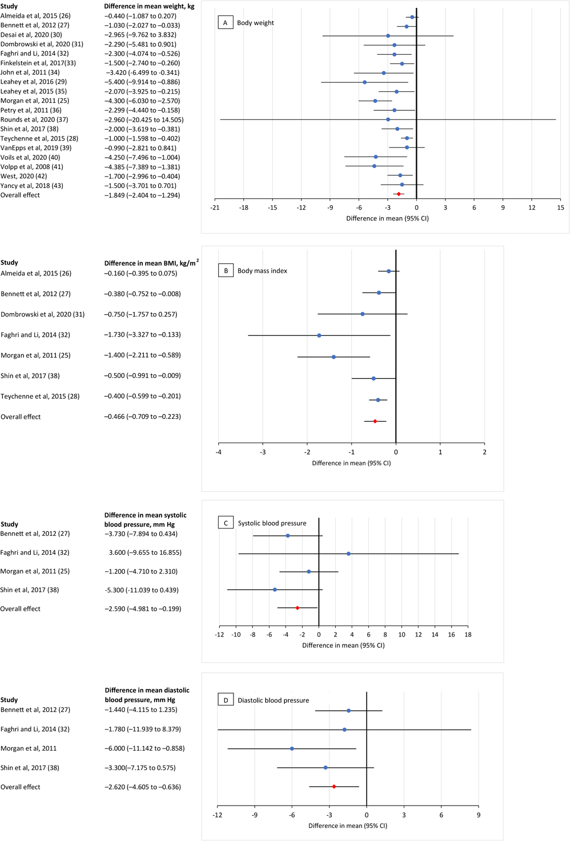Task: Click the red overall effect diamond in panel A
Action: click(399, 194)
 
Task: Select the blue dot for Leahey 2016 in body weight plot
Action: click(365, 82)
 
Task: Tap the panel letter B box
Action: click(226, 271)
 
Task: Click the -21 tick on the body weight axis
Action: click(215, 208)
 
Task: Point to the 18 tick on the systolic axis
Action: click(468, 635)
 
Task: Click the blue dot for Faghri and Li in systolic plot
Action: click(348, 554)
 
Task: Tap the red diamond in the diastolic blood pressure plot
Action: click(334, 787)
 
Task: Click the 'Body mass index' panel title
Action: click(262, 271)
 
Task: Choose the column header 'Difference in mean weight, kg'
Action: click(149, 6)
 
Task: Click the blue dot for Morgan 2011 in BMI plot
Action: click(333, 357)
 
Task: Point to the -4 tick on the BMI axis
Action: click(219, 452)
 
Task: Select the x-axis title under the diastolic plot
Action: click(348, 826)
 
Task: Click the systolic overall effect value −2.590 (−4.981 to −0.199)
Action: click(143, 608)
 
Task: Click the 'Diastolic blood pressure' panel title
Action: click(273, 700)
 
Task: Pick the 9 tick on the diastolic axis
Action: click(478, 815)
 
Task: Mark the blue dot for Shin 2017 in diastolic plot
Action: click(325, 767)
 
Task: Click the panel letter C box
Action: click(226, 523)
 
